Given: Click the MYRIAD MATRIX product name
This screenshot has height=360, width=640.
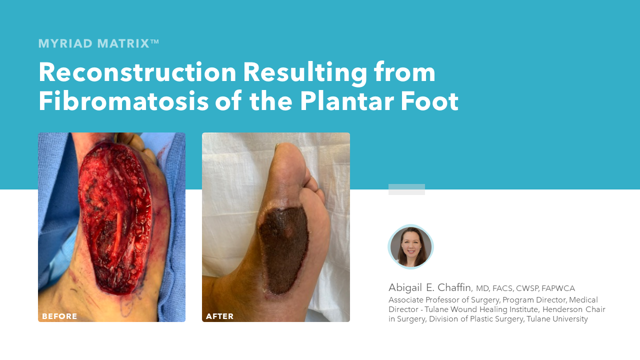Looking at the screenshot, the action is click(98, 43).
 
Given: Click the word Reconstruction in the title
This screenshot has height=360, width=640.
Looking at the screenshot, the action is click(137, 72).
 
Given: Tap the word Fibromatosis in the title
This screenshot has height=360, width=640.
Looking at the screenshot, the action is click(123, 101).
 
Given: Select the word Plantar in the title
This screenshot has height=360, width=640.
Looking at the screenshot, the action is click(347, 101).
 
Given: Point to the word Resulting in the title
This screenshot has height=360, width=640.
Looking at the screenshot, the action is click(305, 73).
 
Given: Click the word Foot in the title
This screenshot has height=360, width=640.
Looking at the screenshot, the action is click(430, 101).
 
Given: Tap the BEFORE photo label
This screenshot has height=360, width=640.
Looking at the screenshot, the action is click(59, 316).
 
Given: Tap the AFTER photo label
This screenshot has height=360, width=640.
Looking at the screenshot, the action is click(219, 316).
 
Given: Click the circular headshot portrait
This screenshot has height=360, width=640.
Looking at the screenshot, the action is click(411, 247).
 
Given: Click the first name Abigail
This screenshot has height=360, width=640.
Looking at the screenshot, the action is click(405, 288).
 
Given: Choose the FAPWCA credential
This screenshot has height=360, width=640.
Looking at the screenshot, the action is click(558, 288).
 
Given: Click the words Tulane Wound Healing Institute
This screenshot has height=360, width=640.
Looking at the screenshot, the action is click(481, 309).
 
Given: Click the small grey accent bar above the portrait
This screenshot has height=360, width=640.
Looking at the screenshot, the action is click(406, 189).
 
